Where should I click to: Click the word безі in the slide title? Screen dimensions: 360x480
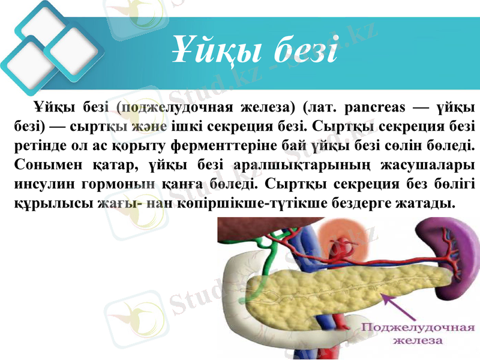(x=305, y=51)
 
